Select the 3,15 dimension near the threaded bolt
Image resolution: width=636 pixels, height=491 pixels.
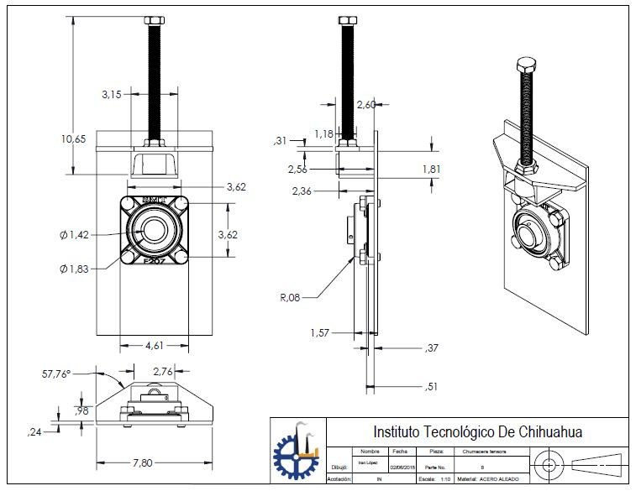coord(112,95)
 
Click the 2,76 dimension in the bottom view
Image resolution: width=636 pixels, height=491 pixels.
coord(163,370)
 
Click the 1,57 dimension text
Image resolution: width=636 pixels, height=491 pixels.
coord(320,332)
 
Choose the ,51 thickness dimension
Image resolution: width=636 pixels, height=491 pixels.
coord(432,387)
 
